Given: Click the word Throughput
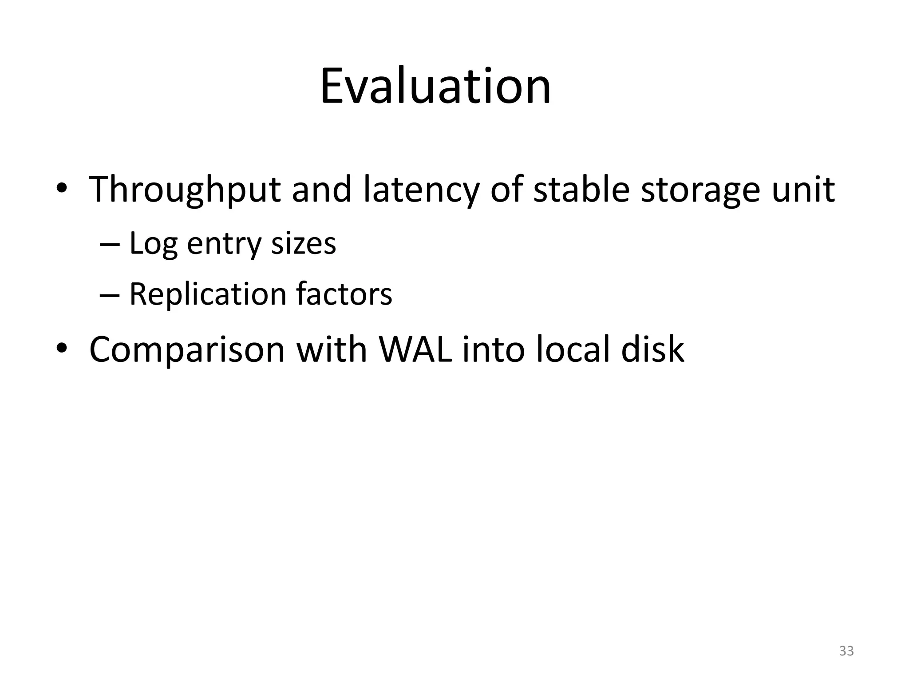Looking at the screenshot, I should tap(185, 190).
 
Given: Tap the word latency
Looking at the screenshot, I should tap(421, 190).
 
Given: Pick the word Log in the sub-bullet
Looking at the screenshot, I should tap(153, 244).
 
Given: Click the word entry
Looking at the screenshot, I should tap(224, 244).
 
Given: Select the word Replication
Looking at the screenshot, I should tap(208, 294).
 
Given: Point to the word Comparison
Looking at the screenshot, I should tap(186, 349).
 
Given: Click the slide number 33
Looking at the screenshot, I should tap(846, 651).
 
